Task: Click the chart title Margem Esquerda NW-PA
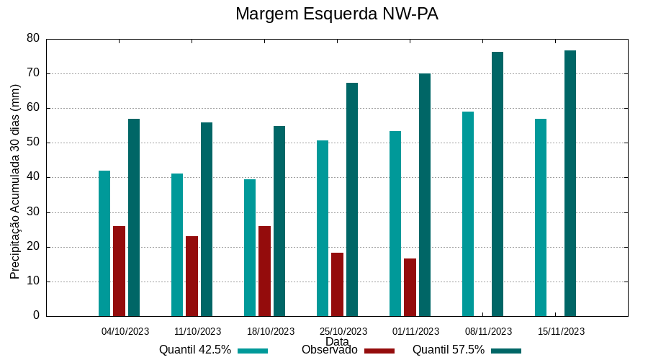click(336, 14)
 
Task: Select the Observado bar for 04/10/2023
click(119, 271)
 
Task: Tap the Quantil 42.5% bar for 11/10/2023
click(177, 245)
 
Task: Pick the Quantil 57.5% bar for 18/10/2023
click(279, 221)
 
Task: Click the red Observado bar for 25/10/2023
click(337, 284)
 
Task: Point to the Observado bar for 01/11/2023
click(410, 287)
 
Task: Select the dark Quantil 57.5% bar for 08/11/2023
click(498, 184)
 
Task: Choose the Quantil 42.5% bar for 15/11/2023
click(541, 217)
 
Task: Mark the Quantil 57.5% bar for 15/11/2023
click(570, 183)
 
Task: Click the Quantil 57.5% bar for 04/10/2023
click(134, 217)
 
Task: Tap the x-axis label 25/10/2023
click(343, 331)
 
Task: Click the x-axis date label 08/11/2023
click(488, 331)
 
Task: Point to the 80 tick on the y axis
click(33, 38)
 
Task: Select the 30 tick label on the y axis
click(33, 212)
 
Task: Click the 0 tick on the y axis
click(36, 316)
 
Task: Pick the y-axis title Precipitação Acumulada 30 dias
click(15, 181)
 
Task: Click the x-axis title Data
click(337, 341)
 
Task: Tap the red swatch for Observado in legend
click(379, 351)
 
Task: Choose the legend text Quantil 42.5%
click(195, 350)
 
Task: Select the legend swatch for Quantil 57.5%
click(506, 351)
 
